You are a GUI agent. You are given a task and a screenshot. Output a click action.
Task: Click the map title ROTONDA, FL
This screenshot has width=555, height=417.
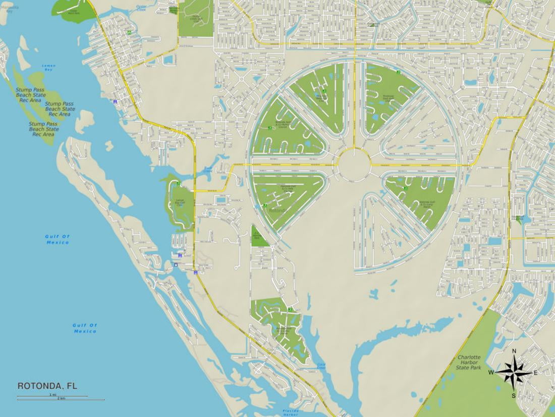click(47, 386)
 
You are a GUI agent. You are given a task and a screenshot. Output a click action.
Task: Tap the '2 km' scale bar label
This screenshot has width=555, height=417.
click(61, 398)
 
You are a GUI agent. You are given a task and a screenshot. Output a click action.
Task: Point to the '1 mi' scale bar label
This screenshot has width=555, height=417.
click(52, 394)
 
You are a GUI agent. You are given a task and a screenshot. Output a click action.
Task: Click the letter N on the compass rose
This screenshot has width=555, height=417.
click(514, 351)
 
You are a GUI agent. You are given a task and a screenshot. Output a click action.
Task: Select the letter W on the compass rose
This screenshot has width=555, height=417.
click(490, 373)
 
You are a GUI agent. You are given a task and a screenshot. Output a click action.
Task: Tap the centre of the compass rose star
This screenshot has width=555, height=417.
click(514, 373)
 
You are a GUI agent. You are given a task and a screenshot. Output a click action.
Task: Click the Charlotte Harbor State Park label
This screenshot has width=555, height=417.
click(470, 362)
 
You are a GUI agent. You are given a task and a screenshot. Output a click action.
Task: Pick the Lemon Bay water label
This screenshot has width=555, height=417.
click(49, 67)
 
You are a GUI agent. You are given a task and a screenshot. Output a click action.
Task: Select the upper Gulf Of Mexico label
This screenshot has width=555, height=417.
click(57, 239)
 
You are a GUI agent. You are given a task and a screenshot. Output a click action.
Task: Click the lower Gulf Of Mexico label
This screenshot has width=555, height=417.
click(85, 328)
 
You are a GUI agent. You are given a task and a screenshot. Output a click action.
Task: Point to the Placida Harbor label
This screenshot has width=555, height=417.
click(290, 412)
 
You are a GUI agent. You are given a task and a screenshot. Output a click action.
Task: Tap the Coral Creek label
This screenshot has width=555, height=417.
click(321, 366)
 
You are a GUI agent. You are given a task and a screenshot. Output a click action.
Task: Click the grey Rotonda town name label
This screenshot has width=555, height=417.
click(277, 210)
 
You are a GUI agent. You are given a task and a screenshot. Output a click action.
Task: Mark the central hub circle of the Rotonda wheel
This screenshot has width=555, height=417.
click(354, 164)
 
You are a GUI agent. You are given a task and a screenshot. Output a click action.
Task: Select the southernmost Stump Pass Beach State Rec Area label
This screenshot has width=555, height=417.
click(43, 129)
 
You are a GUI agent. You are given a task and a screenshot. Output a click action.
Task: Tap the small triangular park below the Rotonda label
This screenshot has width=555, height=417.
click(259, 236)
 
